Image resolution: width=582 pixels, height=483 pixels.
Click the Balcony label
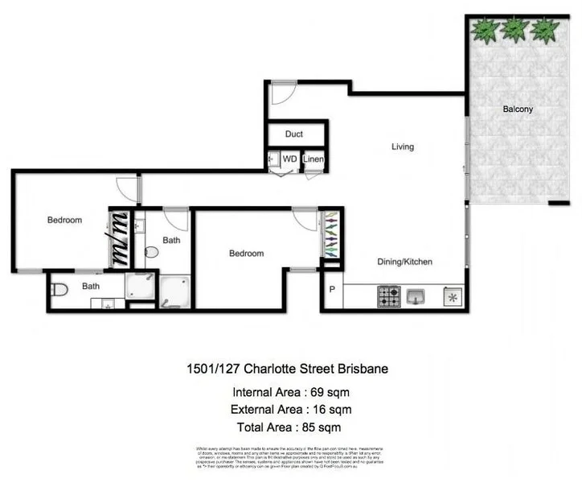pos(518,109)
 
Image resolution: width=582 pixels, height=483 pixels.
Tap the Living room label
pos(403,147)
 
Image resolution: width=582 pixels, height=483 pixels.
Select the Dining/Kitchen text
pos(405,262)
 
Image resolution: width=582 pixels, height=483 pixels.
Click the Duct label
pos(294,134)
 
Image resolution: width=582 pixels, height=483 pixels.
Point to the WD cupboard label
pos(289,159)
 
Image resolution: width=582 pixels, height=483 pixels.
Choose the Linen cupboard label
pos(314,159)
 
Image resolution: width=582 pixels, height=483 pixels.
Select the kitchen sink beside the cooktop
pos(416,295)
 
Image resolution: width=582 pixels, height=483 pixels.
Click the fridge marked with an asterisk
pos(452,296)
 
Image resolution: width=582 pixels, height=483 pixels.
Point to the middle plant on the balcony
pos(514,30)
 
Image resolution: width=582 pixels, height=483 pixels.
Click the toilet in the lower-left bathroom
pos(59,290)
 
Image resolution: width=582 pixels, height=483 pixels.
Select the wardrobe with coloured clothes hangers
pos(330,234)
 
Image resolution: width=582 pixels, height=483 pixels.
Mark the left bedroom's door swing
pos(128,190)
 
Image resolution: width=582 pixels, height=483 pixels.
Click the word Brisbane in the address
pos(361,369)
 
